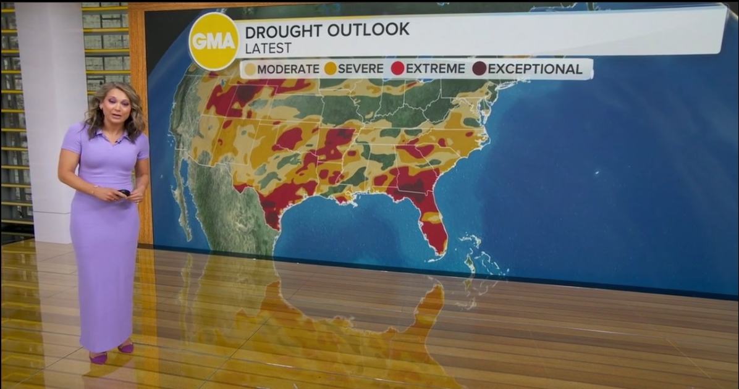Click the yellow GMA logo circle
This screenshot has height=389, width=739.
pos(214,41)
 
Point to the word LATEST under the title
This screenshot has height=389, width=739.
pos(268,48)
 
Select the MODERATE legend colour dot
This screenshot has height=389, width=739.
pos(250,69)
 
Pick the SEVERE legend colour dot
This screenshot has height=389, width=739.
pos(331,69)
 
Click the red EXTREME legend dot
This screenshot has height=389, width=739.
pos(398,69)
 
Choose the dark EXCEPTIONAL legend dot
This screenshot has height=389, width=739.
pos(479,69)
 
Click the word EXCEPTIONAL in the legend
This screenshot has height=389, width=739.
pos(535,69)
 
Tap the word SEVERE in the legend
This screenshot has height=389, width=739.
pos(361,69)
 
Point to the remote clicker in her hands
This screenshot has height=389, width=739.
pos(124,193)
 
